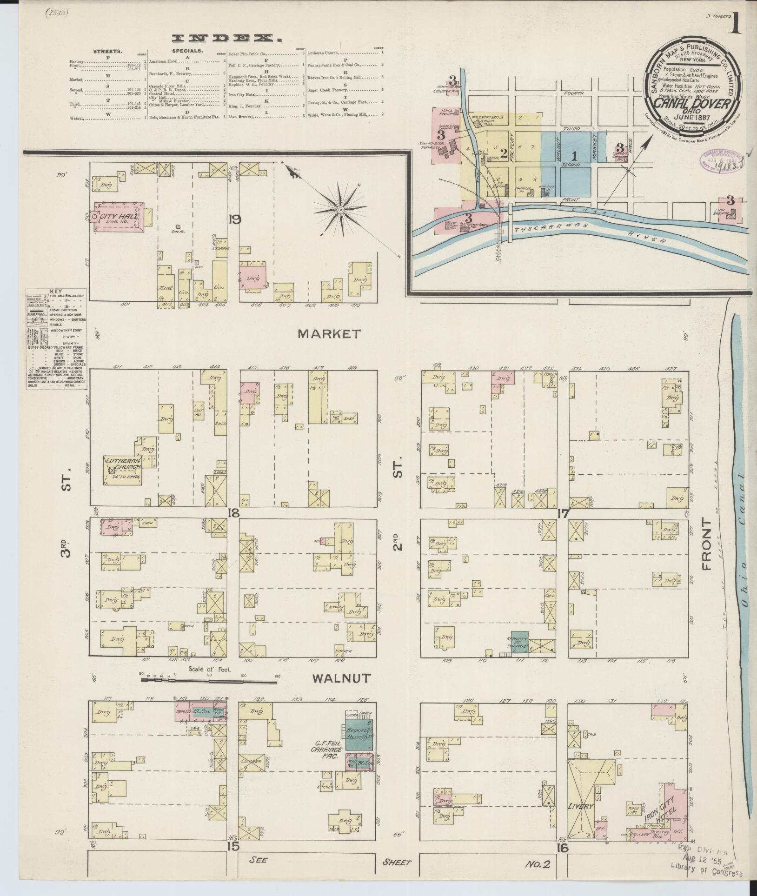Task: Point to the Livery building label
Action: click(581, 806)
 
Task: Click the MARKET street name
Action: click(329, 333)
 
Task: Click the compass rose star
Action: click(341, 210)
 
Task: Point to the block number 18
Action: click(233, 513)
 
